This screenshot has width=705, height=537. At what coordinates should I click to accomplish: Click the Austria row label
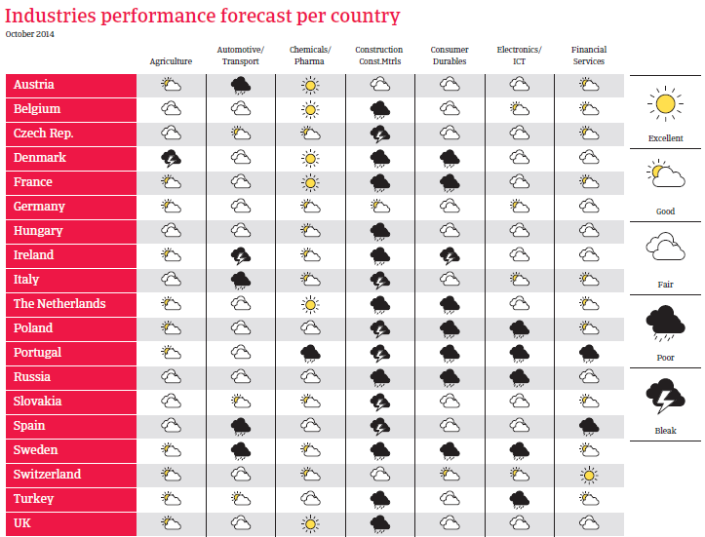tap(34, 85)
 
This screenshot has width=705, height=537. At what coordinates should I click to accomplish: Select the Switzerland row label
tap(47, 475)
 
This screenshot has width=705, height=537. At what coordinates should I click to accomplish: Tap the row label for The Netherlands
tap(59, 304)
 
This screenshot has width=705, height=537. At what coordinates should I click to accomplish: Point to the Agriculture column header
tap(171, 60)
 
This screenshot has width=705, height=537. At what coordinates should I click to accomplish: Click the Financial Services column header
tap(589, 56)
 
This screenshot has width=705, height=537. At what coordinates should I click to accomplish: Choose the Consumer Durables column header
tap(450, 56)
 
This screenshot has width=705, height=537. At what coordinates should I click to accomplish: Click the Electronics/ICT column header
tap(519, 56)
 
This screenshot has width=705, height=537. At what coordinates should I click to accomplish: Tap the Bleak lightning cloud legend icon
tap(665, 397)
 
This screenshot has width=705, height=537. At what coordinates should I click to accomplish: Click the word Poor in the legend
tap(665, 358)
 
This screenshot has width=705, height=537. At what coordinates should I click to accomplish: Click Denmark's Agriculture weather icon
tap(172, 157)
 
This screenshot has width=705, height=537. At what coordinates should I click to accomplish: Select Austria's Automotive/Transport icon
tap(241, 85)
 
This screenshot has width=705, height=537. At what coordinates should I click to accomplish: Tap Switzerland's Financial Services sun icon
tap(589, 475)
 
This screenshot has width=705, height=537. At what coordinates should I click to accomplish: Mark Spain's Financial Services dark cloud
tap(589, 426)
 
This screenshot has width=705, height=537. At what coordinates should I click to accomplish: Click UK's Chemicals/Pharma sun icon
tap(310, 523)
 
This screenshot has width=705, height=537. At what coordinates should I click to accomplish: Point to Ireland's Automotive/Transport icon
tap(241, 255)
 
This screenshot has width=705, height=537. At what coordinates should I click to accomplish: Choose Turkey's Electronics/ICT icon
tap(519, 499)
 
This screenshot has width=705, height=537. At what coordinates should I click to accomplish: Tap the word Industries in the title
tap(50, 15)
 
